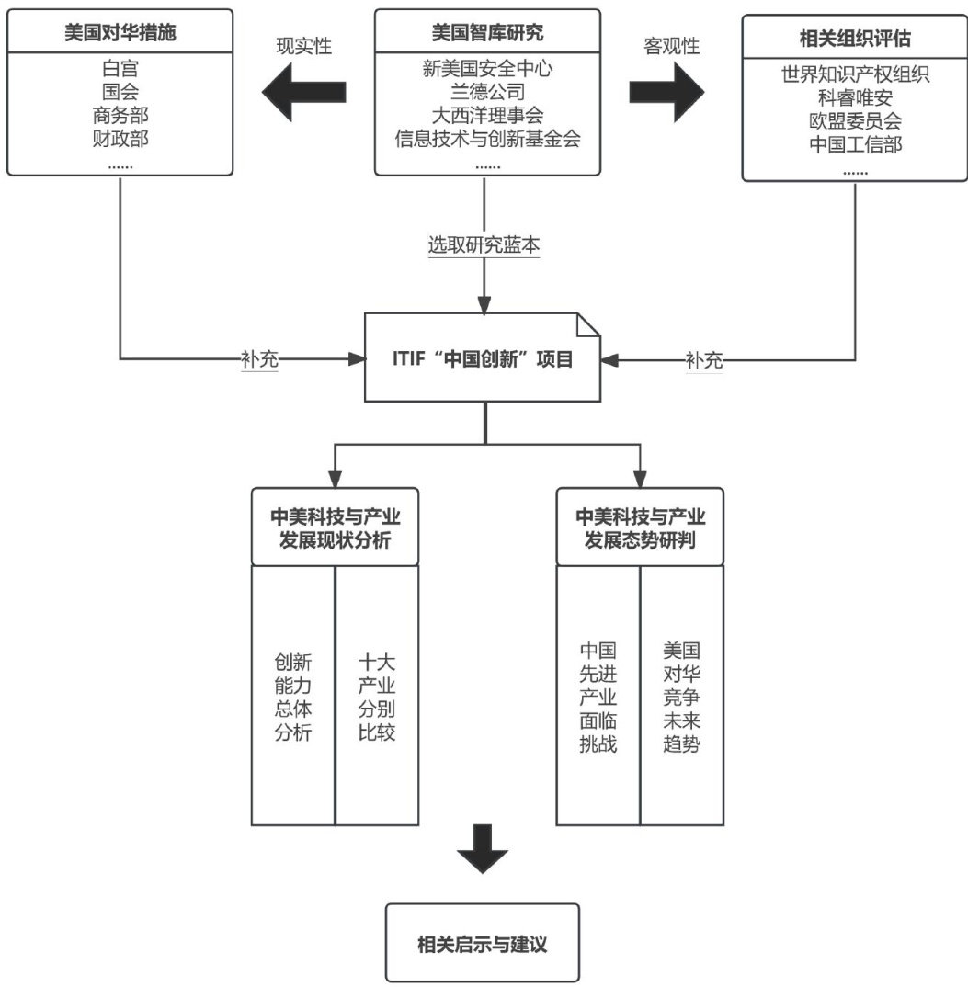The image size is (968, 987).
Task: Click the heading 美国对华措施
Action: click(121, 34)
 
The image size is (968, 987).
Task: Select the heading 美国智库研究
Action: click(487, 33)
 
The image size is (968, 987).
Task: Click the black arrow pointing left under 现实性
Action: click(304, 92)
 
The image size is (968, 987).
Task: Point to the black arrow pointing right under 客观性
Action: click(666, 93)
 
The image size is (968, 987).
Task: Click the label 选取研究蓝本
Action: click(484, 246)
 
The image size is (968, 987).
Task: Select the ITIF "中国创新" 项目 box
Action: click(484, 358)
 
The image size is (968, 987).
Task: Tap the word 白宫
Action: click(121, 68)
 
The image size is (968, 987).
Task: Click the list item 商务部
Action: click(121, 116)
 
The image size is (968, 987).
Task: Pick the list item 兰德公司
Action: click(487, 92)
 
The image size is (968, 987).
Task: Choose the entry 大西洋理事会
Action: click(487, 116)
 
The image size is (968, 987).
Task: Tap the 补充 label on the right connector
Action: click(704, 359)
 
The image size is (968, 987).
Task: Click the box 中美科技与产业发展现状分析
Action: click(335, 527)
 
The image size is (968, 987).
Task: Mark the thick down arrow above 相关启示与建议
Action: click(484, 848)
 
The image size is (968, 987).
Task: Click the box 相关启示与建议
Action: click(483, 943)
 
